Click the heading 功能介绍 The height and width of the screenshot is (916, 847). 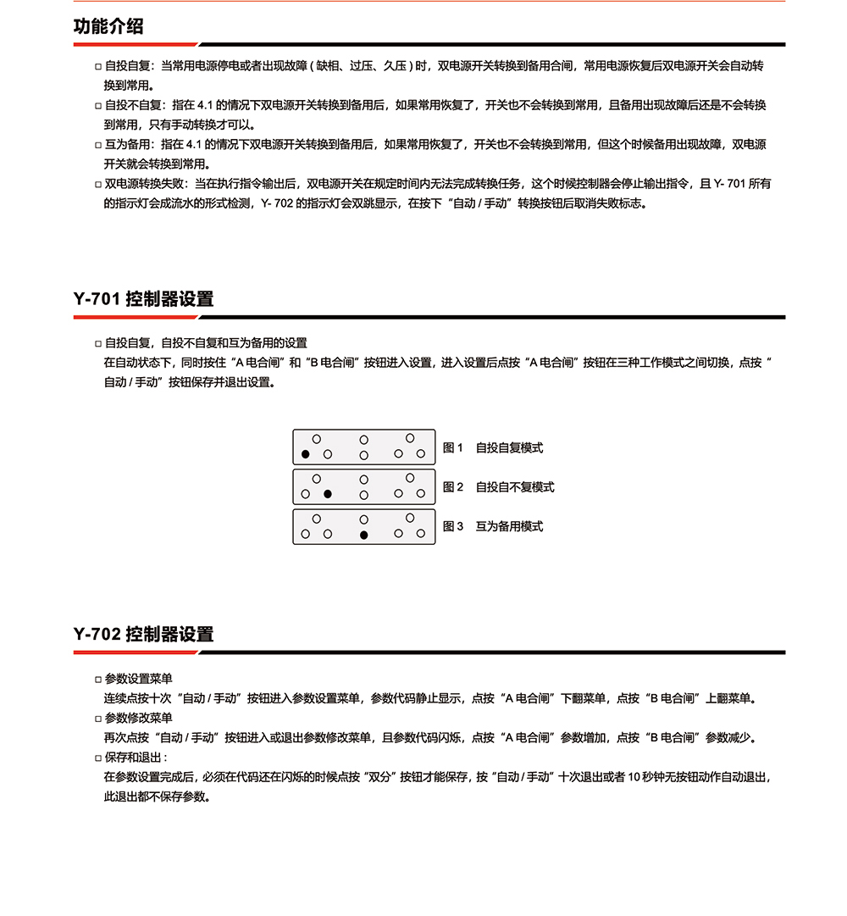pyautogui.click(x=108, y=26)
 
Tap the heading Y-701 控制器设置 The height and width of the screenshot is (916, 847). pyautogui.click(x=143, y=299)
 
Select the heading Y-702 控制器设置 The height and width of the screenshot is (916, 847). pyautogui.click(x=143, y=634)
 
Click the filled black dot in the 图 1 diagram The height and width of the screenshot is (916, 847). pyautogui.click(x=306, y=455)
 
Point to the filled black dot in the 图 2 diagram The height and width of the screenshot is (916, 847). pyautogui.click(x=328, y=494)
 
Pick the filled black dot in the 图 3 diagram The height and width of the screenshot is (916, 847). pyautogui.click(x=363, y=535)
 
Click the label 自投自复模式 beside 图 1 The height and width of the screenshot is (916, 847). pyautogui.click(x=509, y=448)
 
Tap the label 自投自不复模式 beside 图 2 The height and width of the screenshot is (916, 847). pyautogui.click(x=515, y=487)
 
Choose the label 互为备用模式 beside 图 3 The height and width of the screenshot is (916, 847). pyautogui.click(x=509, y=526)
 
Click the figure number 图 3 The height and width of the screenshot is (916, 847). pyautogui.click(x=453, y=526)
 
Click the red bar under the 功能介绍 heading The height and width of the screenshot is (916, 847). pyautogui.click(x=136, y=44)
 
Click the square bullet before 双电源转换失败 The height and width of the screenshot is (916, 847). pyautogui.click(x=98, y=184)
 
